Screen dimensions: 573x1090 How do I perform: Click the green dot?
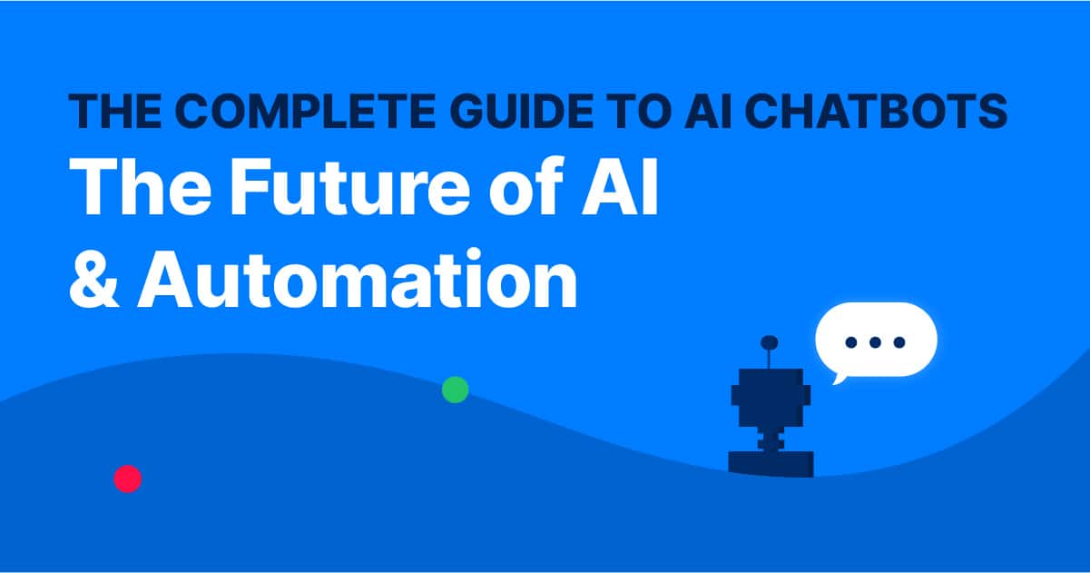[455, 390]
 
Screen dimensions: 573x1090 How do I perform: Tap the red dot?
[127, 478]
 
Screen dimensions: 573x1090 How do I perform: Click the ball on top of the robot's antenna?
[770, 342]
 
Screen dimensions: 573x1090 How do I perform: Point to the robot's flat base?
[771, 462]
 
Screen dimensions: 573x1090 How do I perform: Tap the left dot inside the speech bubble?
[851, 342]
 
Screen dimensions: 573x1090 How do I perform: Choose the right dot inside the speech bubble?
[899, 342]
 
